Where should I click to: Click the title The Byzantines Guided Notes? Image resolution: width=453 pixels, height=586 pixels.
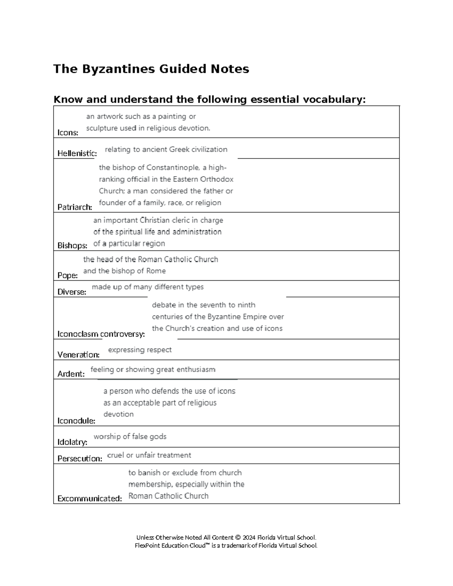point(151,69)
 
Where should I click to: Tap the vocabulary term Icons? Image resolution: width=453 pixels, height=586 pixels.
point(68,132)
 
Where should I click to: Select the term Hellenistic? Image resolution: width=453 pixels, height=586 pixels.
point(77,153)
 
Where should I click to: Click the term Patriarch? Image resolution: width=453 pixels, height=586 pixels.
point(75,207)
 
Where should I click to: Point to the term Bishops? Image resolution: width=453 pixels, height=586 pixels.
point(72,245)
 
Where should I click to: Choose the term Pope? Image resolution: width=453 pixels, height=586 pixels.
point(68,275)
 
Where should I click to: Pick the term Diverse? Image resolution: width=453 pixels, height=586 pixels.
point(72,292)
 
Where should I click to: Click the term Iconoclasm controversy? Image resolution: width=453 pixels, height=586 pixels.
point(101,334)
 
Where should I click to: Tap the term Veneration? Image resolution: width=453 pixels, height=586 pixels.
point(79,355)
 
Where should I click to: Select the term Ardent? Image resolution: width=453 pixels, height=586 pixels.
point(71,374)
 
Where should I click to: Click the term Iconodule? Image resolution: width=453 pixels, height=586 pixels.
point(76,421)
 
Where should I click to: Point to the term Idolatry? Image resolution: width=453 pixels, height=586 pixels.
point(72,442)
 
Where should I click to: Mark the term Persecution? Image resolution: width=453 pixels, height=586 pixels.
point(80,458)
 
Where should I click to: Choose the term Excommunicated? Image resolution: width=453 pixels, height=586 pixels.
point(89,498)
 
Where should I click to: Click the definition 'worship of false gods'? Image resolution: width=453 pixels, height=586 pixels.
point(130,437)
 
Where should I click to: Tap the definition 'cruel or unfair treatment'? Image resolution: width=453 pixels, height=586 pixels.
point(149,455)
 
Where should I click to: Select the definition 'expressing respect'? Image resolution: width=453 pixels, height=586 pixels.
point(140,350)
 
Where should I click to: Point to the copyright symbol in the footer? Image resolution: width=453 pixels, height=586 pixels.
point(237,537)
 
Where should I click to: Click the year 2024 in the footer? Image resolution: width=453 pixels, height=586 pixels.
point(249,537)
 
